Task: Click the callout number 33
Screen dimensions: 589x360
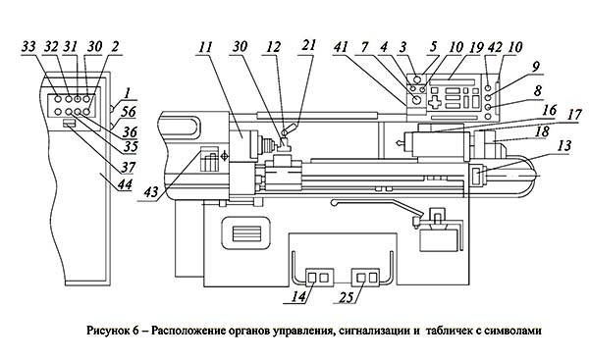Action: click(x=28, y=48)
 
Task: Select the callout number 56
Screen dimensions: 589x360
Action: click(x=128, y=112)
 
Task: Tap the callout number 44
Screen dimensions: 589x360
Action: click(x=125, y=184)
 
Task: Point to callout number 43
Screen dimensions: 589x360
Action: click(x=151, y=192)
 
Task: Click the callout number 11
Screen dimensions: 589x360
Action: click(x=205, y=48)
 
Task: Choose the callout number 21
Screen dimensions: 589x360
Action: click(x=309, y=45)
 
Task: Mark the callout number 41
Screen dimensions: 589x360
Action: click(x=341, y=48)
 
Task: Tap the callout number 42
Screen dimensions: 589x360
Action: click(x=495, y=48)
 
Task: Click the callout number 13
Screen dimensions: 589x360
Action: click(x=563, y=145)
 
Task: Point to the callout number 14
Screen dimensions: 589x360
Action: click(x=299, y=297)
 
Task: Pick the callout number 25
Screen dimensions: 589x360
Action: click(x=347, y=297)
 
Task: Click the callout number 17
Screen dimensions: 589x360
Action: click(x=574, y=115)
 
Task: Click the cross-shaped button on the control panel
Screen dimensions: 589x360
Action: click(x=434, y=102)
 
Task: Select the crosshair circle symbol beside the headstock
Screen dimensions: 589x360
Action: click(x=224, y=156)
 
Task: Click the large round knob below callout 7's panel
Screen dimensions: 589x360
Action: click(x=416, y=100)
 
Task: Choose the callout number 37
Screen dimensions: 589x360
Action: click(x=128, y=167)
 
